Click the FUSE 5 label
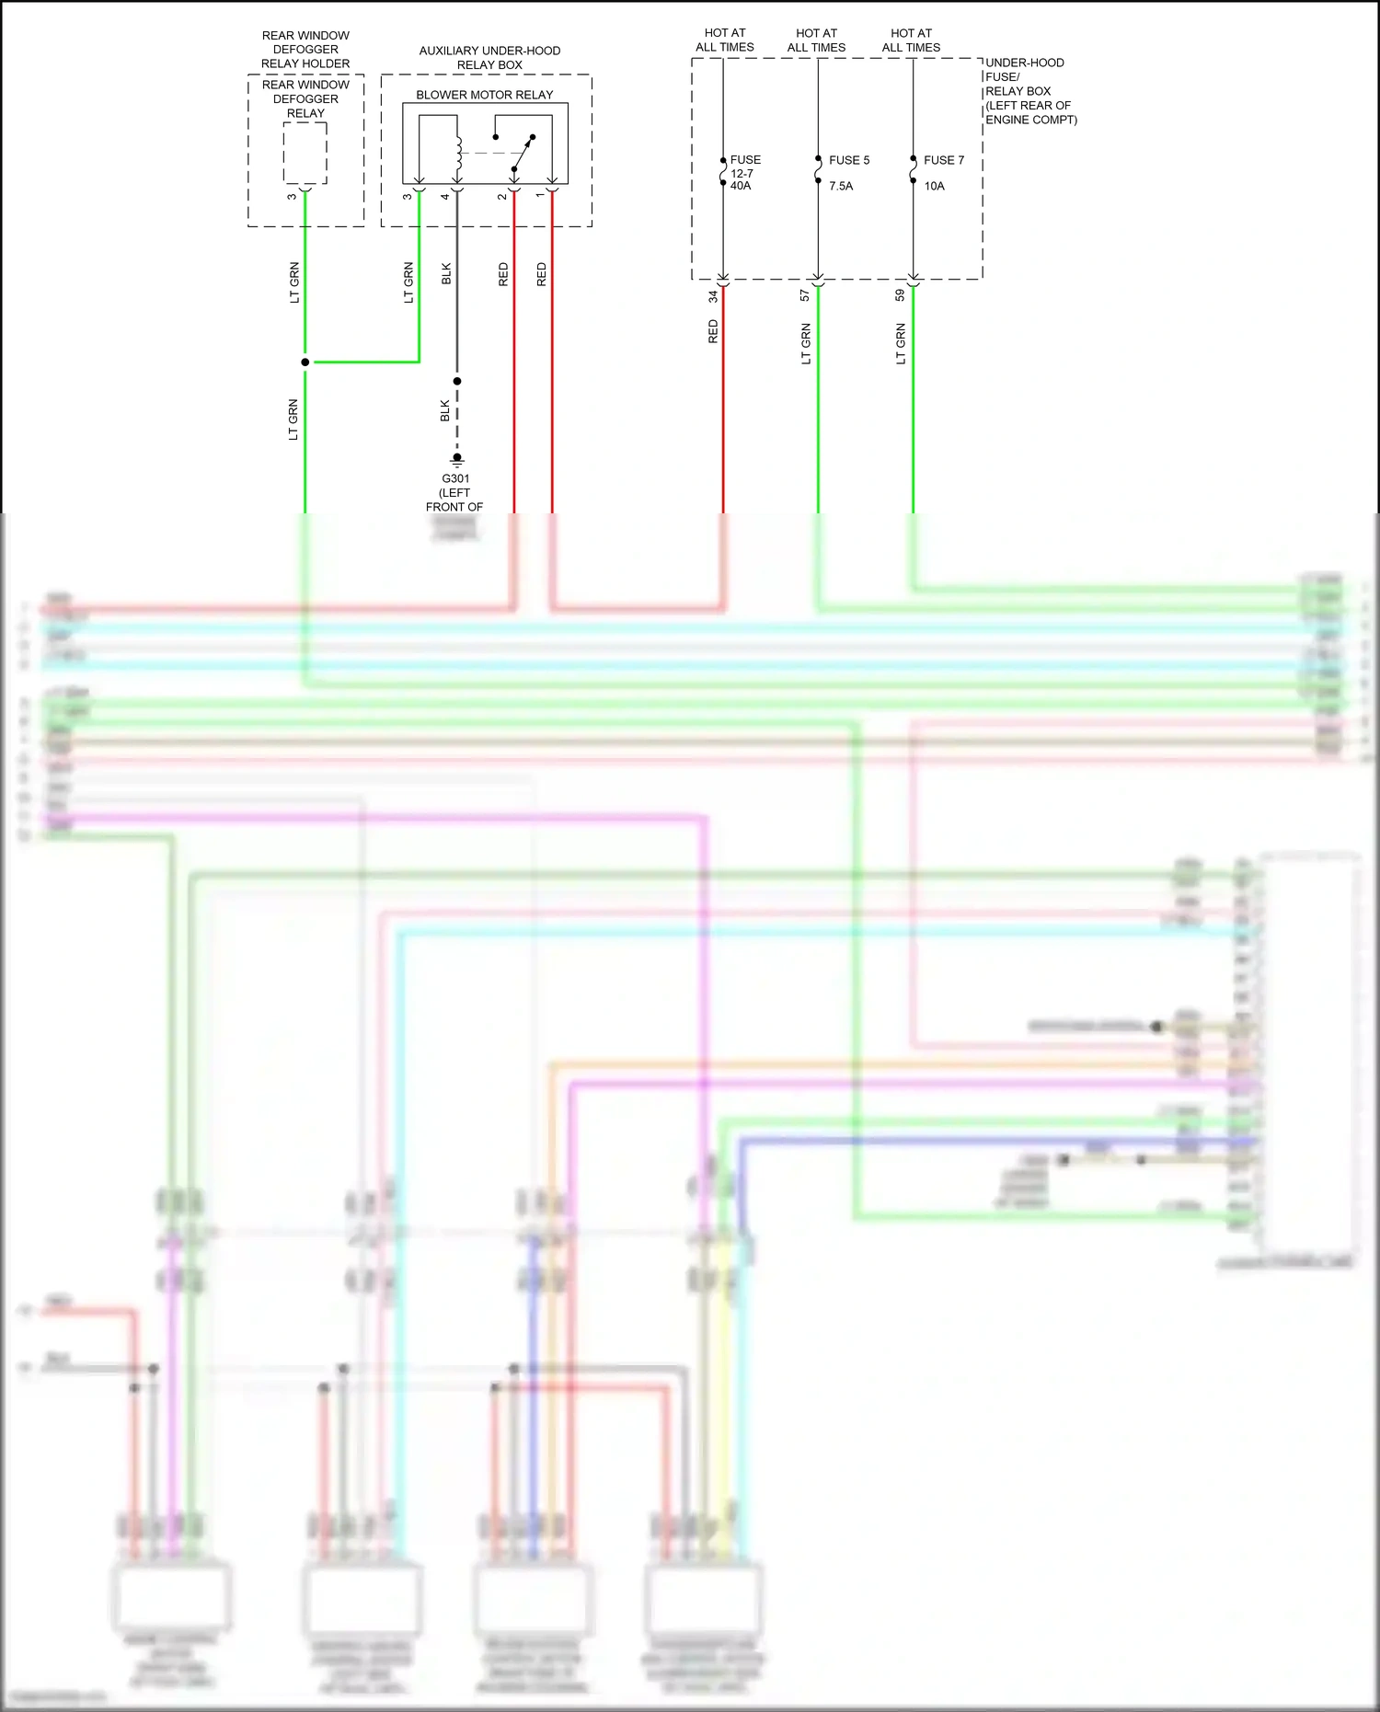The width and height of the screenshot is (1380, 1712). click(x=848, y=160)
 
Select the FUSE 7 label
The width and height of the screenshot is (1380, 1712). click(x=944, y=160)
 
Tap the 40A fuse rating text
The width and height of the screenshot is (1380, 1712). click(x=741, y=186)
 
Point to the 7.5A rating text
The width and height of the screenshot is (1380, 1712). click(x=841, y=186)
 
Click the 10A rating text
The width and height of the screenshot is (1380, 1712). click(x=934, y=186)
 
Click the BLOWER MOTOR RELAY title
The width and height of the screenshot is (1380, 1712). click(x=484, y=95)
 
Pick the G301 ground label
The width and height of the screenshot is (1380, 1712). click(x=455, y=478)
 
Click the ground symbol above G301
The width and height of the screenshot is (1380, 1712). click(x=456, y=459)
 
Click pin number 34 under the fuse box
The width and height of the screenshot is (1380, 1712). click(x=713, y=296)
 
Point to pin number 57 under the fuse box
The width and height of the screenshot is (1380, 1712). click(x=805, y=295)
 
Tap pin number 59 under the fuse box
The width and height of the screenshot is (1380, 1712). click(x=900, y=295)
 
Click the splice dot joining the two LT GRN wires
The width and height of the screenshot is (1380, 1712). click(x=305, y=362)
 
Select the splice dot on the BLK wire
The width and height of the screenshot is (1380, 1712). click(x=457, y=381)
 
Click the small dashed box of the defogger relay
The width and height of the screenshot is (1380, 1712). click(x=305, y=153)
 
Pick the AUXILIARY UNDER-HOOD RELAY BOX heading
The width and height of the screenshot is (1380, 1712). click(x=489, y=57)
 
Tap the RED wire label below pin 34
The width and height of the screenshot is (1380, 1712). click(x=713, y=331)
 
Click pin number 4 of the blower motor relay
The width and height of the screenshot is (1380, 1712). click(x=445, y=197)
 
